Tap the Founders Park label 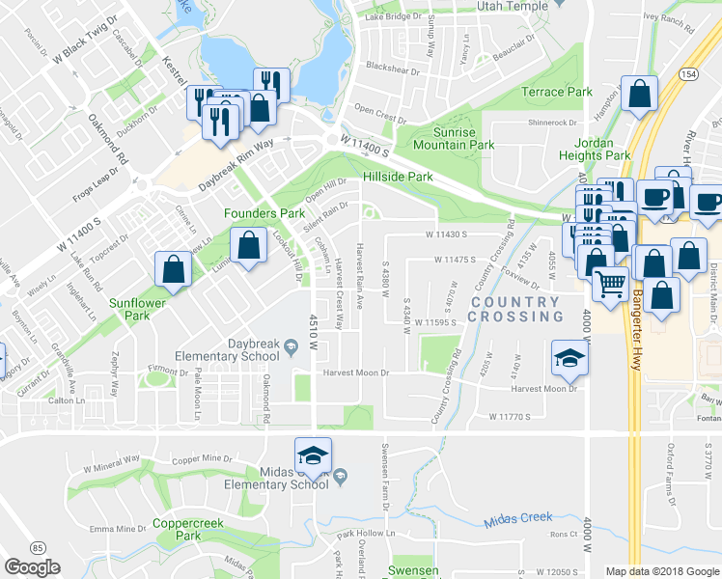pyautogui.click(x=264, y=212)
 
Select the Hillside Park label pyautogui.click(x=398, y=178)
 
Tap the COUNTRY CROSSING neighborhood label pyautogui.click(x=515, y=309)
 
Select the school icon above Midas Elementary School pyautogui.click(x=312, y=455)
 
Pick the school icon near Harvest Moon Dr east pyautogui.click(x=569, y=359)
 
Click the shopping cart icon pyautogui.click(x=610, y=284)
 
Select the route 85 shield pyautogui.click(x=38, y=547)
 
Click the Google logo pyautogui.click(x=33, y=567)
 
